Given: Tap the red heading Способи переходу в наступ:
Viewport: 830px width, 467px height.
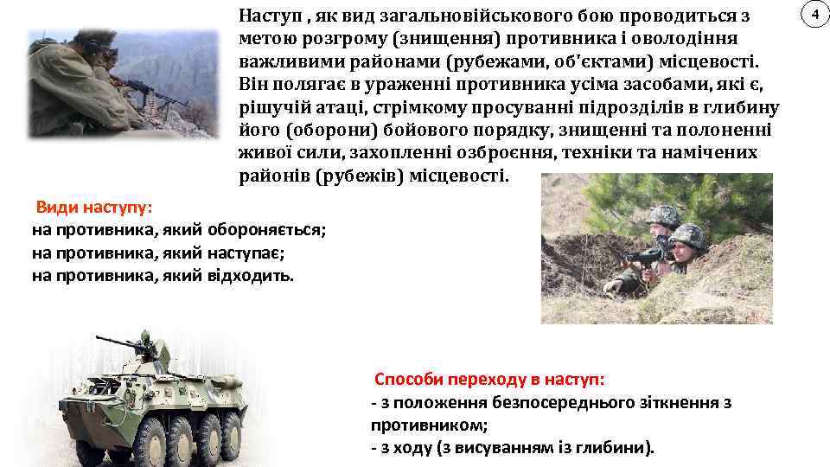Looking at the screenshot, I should tap(488, 380).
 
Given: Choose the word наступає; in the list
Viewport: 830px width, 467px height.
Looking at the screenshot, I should tap(246, 253).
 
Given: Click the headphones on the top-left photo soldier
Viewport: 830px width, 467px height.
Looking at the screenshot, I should tap(86, 42).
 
